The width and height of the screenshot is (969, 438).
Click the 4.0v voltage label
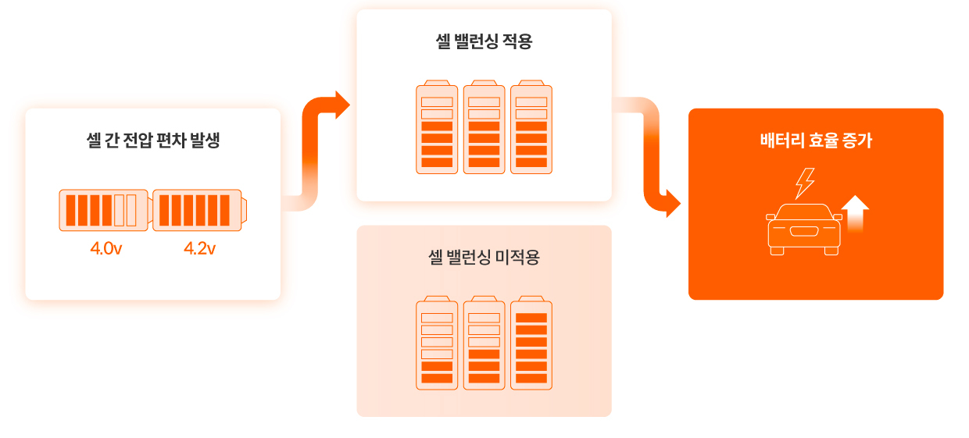(x=105, y=249)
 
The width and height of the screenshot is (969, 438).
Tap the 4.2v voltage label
(x=199, y=249)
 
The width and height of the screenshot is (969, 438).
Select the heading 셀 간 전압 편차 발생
(x=153, y=141)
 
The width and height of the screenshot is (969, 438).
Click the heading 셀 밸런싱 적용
(x=484, y=41)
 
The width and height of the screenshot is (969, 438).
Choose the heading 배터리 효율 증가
(x=816, y=141)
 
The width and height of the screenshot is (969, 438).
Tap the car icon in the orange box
(x=803, y=228)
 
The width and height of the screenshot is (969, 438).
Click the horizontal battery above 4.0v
(x=103, y=210)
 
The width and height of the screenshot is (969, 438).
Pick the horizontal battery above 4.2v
(x=200, y=210)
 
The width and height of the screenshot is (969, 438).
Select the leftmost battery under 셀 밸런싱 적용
(x=437, y=127)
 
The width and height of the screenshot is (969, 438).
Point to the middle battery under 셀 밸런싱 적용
(x=484, y=127)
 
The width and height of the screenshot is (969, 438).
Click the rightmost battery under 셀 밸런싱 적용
(x=531, y=127)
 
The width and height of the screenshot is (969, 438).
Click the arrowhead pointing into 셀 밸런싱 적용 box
(x=340, y=105)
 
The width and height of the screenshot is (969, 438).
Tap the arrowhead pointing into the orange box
(x=670, y=204)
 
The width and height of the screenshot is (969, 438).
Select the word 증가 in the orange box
(x=857, y=141)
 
